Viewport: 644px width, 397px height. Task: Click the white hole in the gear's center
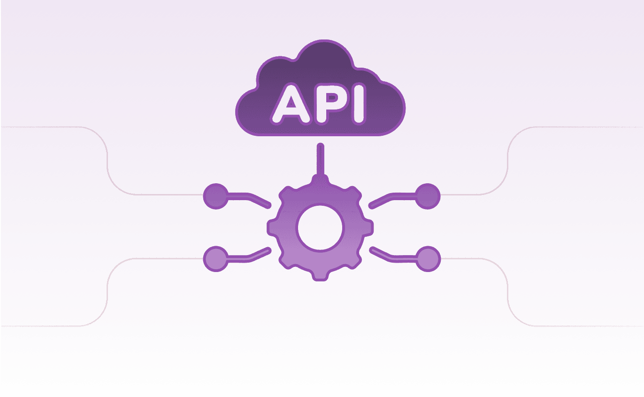point(321,227)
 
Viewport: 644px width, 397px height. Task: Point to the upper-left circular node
point(216,195)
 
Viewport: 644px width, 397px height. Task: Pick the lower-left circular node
point(216,258)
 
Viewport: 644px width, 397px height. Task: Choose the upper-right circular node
point(428,195)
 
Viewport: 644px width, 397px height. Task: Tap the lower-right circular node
point(428,258)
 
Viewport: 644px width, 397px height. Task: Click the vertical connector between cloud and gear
point(321,160)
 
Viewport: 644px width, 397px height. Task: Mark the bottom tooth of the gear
point(321,275)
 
